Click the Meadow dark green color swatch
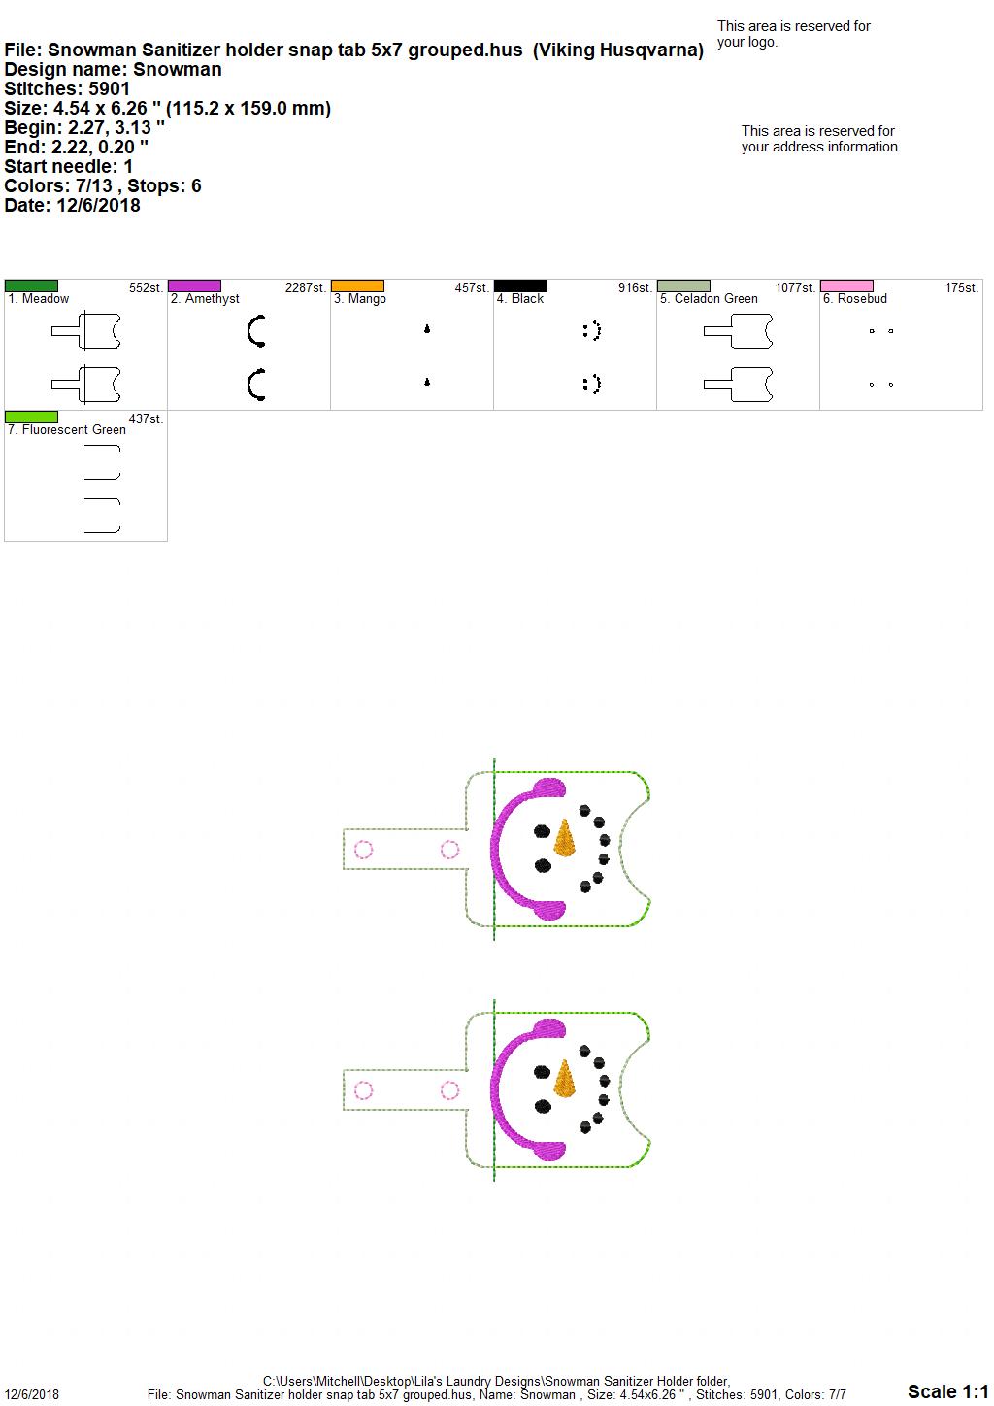(31, 286)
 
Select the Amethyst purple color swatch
(194, 286)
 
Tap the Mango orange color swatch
(357, 286)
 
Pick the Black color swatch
(521, 286)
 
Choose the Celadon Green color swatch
(684, 286)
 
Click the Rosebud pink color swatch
(847, 286)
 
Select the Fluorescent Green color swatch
(31, 418)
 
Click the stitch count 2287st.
(306, 288)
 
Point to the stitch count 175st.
(961, 288)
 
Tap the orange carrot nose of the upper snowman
(565, 839)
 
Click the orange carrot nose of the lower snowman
(565, 1080)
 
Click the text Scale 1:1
(947, 1391)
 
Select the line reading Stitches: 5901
(67, 89)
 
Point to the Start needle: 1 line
(68, 166)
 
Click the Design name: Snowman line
(113, 70)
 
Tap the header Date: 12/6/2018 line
(72, 205)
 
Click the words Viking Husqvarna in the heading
(618, 50)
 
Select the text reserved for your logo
(794, 34)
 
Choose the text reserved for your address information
(821, 139)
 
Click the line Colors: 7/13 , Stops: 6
(102, 185)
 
